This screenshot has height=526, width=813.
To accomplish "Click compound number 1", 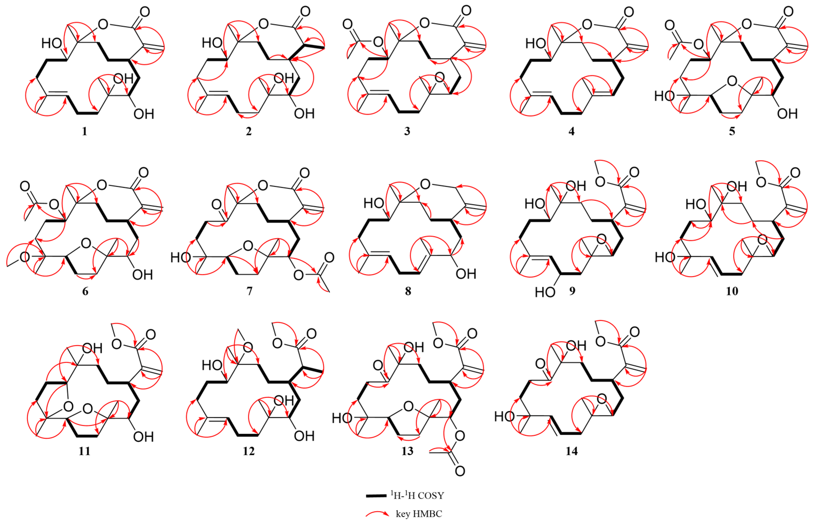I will coord(84,131).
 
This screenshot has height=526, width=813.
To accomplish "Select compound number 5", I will coord(732,131).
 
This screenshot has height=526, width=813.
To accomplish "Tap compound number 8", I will coord(408,291).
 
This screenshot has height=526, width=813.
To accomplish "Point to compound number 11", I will coord(84,451).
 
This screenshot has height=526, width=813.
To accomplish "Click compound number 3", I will coord(407,131).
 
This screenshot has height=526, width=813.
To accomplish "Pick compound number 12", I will coord(249,451).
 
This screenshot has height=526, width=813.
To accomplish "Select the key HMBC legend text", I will coord(419,514).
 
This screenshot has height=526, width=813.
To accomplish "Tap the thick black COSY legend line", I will coord(378,496).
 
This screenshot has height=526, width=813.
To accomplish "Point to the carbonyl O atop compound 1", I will coord(145,12).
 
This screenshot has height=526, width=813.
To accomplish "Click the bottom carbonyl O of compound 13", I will coord(460,471).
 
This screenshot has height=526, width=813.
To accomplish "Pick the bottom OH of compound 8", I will coord(466,273).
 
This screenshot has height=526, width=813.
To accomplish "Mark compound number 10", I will coord(732,291).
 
